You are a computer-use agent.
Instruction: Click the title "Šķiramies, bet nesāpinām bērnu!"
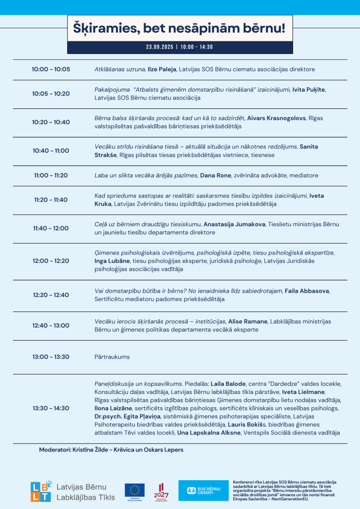[x=180, y=28]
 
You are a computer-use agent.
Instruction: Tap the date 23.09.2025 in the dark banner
[x=160, y=47]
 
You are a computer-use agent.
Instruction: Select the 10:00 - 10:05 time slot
[x=51, y=69]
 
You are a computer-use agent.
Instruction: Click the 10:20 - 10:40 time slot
[x=51, y=122]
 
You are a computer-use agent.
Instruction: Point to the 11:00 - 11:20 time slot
[x=51, y=175]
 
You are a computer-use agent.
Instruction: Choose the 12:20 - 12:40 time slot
[x=51, y=295]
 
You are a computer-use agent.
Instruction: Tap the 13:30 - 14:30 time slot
[x=51, y=408]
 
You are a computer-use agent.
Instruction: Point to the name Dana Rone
[x=216, y=175]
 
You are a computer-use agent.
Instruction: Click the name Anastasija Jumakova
[x=234, y=224]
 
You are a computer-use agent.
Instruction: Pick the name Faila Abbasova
[x=307, y=291]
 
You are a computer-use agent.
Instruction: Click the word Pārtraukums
[x=112, y=357]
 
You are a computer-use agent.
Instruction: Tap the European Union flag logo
[x=135, y=491]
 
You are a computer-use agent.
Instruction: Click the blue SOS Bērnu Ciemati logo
[x=203, y=491]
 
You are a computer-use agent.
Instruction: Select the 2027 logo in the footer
[x=161, y=492]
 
